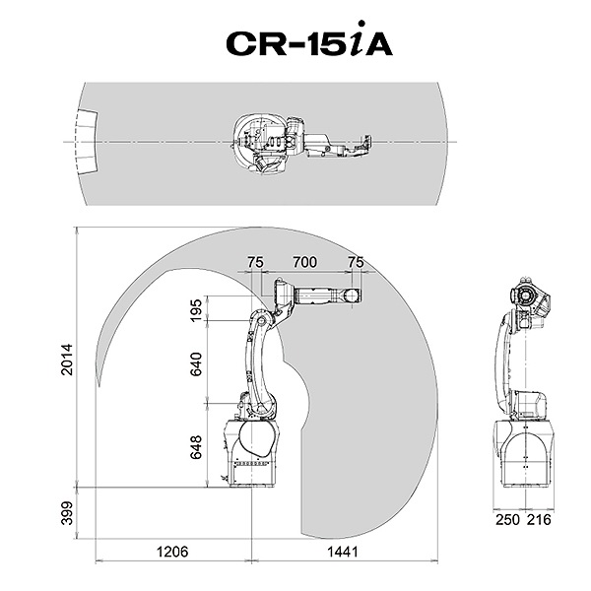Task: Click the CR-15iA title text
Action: pyautogui.click(x=308, y=45)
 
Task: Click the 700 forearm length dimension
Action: pyautogui.click(x=304, y=262)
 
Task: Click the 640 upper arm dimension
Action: pyautogui.click(x=195, y=363)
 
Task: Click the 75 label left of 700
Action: pyautogui.click(x=255, y=262)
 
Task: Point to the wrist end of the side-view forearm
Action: pyautogui.click(x=353, y=295)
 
